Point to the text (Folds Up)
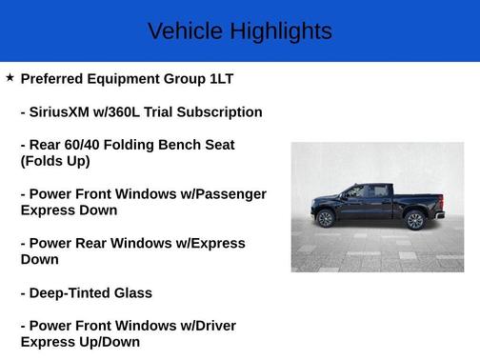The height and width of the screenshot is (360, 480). (x=55, y=161)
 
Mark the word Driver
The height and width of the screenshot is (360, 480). (x=212, y=326)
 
